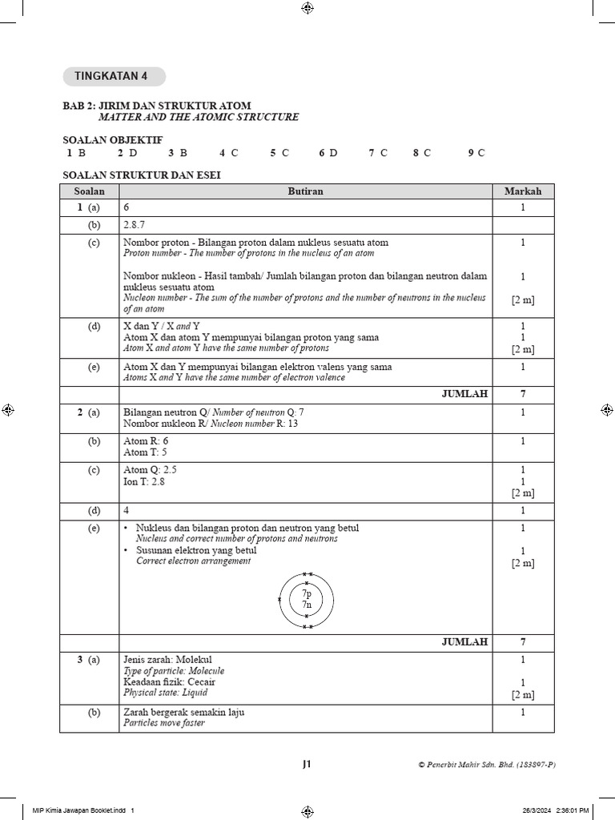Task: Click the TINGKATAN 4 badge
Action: point(111,77)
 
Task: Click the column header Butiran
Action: point(305,191)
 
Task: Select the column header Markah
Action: point(522,191)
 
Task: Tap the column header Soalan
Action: point(89,191)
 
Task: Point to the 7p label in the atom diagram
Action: point(306,595)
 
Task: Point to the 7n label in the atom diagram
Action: point(306,605)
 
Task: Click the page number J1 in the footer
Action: point(307,765)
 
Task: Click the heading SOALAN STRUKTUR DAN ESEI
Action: point(141,175)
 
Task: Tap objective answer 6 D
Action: point(328,153)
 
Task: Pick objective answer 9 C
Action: point(476,153)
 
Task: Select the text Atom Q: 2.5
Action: point(150,470)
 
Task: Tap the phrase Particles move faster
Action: point(164,722)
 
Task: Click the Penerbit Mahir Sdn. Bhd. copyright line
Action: point(486,765)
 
